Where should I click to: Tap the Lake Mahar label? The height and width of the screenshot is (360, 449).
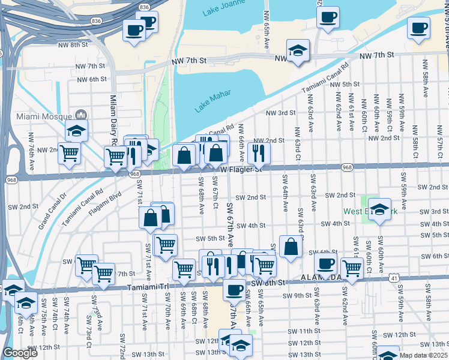pos(212,103)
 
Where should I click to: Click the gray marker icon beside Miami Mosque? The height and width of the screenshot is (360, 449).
pos(81,115)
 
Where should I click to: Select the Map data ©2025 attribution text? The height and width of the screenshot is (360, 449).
pos(422,355)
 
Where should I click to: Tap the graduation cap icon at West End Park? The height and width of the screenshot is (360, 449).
pos(379,209)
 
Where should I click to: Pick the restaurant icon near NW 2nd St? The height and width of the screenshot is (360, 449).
pos(259,152)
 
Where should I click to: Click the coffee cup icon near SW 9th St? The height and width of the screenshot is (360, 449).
pos(234,290)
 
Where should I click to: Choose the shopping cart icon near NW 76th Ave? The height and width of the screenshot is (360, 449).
pos(69,152)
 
